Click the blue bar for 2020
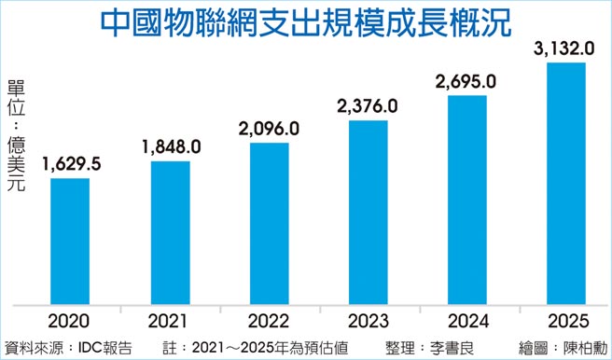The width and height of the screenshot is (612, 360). pos(70,240)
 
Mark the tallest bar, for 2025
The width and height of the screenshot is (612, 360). pos(566,183)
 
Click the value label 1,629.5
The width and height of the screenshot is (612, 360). pos(71,164)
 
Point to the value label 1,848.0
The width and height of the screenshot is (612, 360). pos(172,146)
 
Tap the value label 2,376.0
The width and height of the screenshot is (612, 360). pos(369,105)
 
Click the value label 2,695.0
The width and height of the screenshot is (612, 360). pos(467,82)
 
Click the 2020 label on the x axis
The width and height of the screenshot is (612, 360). pos(70,321)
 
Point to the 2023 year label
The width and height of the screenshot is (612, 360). pos(369,321)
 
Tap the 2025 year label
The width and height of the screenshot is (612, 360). pos(566,321)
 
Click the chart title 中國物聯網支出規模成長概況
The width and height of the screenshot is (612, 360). pos(307,22)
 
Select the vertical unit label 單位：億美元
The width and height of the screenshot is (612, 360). pos(16,136)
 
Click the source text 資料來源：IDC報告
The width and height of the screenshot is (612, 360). pos(68,347)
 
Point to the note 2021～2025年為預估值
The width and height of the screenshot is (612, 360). pos(266,347)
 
